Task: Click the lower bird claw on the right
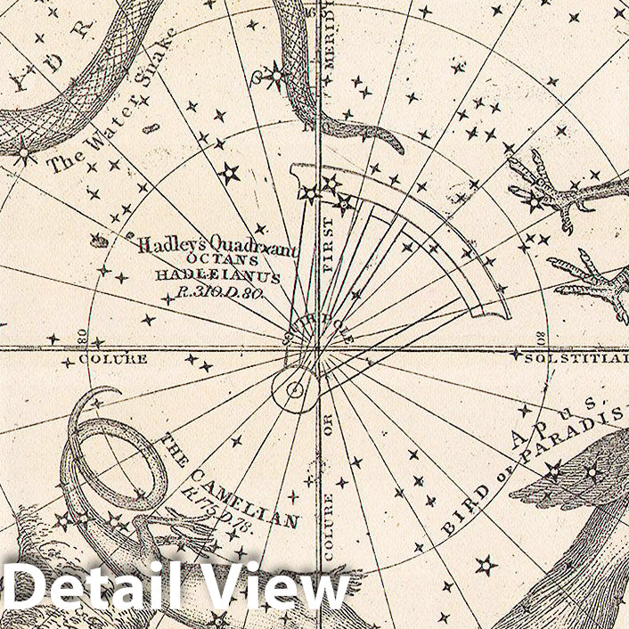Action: [592, 283]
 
